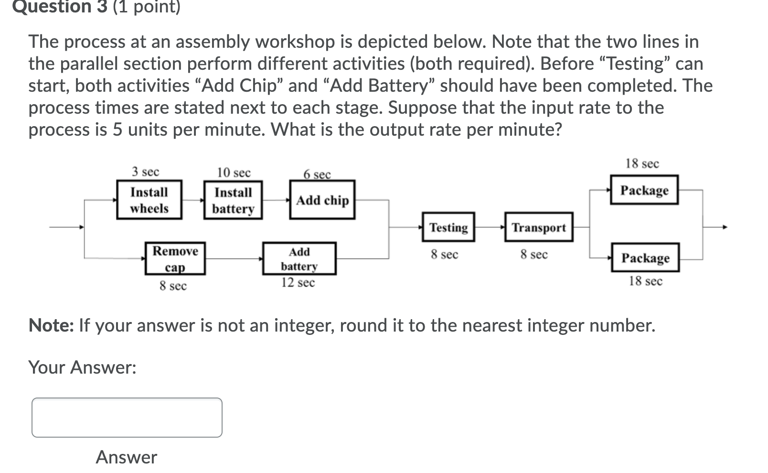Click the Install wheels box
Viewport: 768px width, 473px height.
(149, 200)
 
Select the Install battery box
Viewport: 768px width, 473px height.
(233, 200)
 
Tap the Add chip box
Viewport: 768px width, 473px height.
(322, 200)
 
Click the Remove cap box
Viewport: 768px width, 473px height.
(175, 258)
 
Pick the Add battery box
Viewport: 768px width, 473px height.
(299, 258)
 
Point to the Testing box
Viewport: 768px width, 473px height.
(448, 227)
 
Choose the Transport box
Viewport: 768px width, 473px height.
(539, 227)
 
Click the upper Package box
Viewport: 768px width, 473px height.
(644, 190)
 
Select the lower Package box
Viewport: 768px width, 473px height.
(645, 258)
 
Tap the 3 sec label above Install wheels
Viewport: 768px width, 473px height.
(146, 172)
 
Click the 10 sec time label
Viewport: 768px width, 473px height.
(234, 172)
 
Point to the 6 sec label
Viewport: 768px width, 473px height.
(317, 174)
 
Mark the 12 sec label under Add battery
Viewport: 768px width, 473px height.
(298, 283)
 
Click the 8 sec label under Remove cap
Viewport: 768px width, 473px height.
(173, 286)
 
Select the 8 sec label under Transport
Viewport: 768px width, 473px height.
(534, 255)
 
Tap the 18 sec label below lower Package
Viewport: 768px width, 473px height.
(645, 281)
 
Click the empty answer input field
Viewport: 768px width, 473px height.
(127, 418)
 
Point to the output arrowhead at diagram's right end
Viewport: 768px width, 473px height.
(725, 227)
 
